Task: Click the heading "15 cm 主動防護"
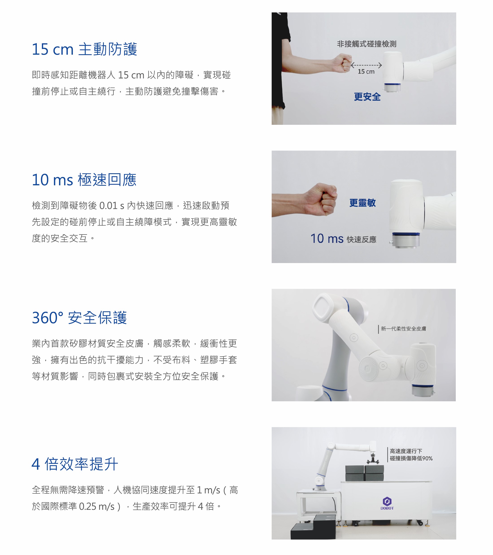coord(84,49)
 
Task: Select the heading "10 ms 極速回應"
coord(84,180)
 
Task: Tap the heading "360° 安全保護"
coord(79,318)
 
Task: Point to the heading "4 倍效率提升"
coord(75,464)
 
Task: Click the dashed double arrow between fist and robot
coord(366,65)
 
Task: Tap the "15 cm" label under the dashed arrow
coord(366,72)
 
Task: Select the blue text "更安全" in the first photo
coord(367,97)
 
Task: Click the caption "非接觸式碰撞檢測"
coord(367,44)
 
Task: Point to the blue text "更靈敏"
coord(362,203)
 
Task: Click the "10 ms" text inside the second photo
coord(327,238)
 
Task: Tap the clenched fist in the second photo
coord(321,200)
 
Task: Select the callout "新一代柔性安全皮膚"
coord(403,329)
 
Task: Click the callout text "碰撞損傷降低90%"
coord(411,458)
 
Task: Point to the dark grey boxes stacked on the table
coord(365,473)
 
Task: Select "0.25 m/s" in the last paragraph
coord(97,506)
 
